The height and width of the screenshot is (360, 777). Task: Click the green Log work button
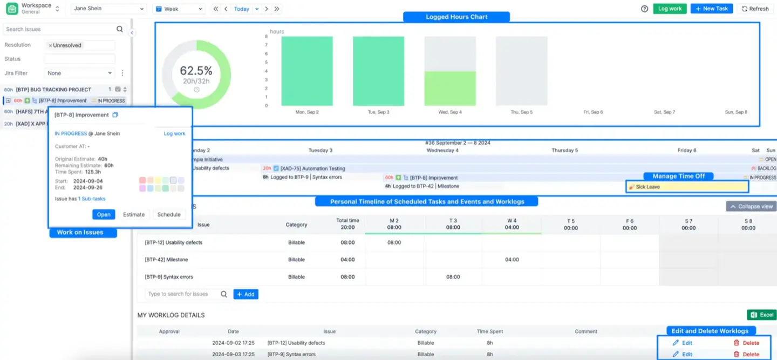[x=670, y=9]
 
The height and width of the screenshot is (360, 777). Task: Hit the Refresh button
[x=755, y=9]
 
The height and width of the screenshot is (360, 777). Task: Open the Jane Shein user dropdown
[x=108, y=9]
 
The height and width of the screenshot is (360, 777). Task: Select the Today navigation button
[x=241, y=9]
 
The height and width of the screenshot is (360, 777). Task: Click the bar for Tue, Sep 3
[x=378, y=71]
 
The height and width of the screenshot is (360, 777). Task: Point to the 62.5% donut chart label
[x=196, y=71]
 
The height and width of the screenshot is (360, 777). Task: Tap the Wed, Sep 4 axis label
[x=449, y=112]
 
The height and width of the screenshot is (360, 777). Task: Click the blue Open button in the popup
[x=104, y=214]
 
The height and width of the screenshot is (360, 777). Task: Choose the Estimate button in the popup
[x=134, y=214]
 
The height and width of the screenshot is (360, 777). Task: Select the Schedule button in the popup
[x=169, y=214]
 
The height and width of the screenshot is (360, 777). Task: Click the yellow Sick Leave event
[x=687, y=187]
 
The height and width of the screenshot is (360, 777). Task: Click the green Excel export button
[x=761, y=315]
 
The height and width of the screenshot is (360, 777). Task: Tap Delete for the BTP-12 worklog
[x=746, y=343]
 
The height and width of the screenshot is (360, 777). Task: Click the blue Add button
[x=246, y=294]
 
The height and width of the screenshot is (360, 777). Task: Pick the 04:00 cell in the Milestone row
[x=512, y=260]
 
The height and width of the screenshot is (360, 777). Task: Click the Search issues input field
[x=59, y=29]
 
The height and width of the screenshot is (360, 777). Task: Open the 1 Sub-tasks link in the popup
[x=92, y=199]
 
